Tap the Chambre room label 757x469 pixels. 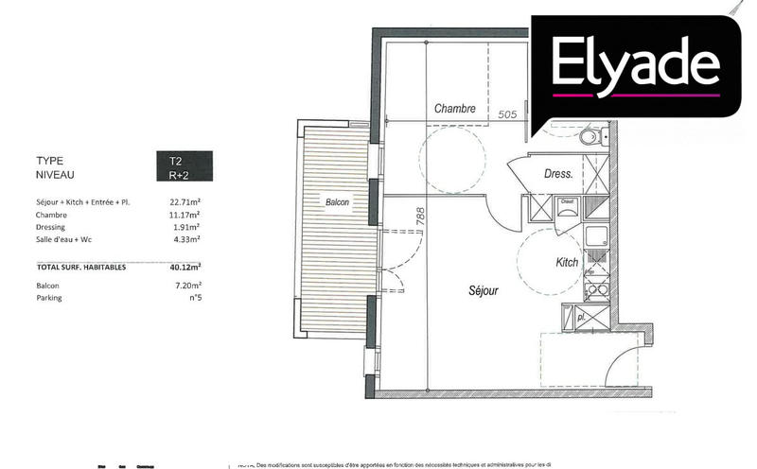(x=454, y=110)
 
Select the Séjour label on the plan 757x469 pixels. (x=483, y=291)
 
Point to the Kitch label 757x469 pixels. (x=567, y=262)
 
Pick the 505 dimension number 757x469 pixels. (x=508, y=114)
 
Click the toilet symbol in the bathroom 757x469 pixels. (x=591, y=139)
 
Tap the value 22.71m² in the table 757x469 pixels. (x=186, y=201)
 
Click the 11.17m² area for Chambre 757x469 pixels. (x=186, y=215)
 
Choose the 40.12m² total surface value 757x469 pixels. (x=185, y=268)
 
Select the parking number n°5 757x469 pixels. (x=195, y=297)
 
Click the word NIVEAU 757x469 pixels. (x=56, y=175)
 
